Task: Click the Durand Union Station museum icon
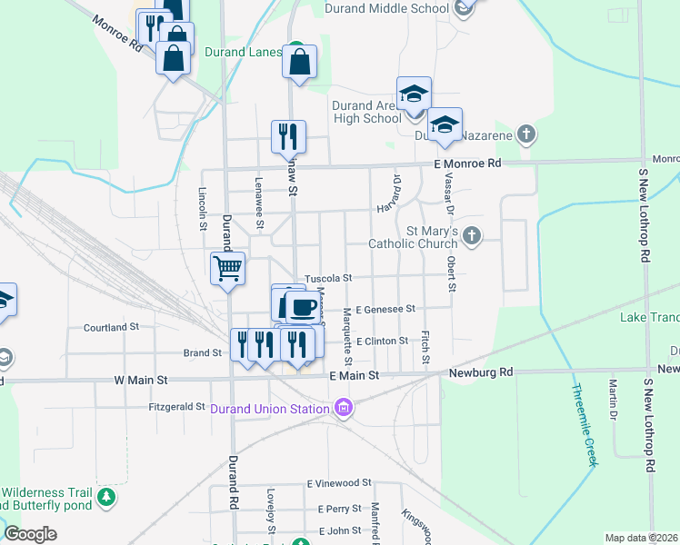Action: point(343,409)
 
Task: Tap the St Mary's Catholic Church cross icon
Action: point(471,236)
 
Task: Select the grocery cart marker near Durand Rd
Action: point(227,268)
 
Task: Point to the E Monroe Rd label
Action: point(467,163)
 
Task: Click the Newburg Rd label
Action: point(482,372)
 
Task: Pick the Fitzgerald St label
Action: point(176,408)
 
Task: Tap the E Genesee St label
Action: point(385,310)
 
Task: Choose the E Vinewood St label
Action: point(339,484)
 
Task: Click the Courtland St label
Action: point(110,326)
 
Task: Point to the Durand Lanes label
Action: point(243,52)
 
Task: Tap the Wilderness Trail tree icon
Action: point(107,496)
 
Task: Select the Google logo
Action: point(30,534)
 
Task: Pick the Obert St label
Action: point(451,274)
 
